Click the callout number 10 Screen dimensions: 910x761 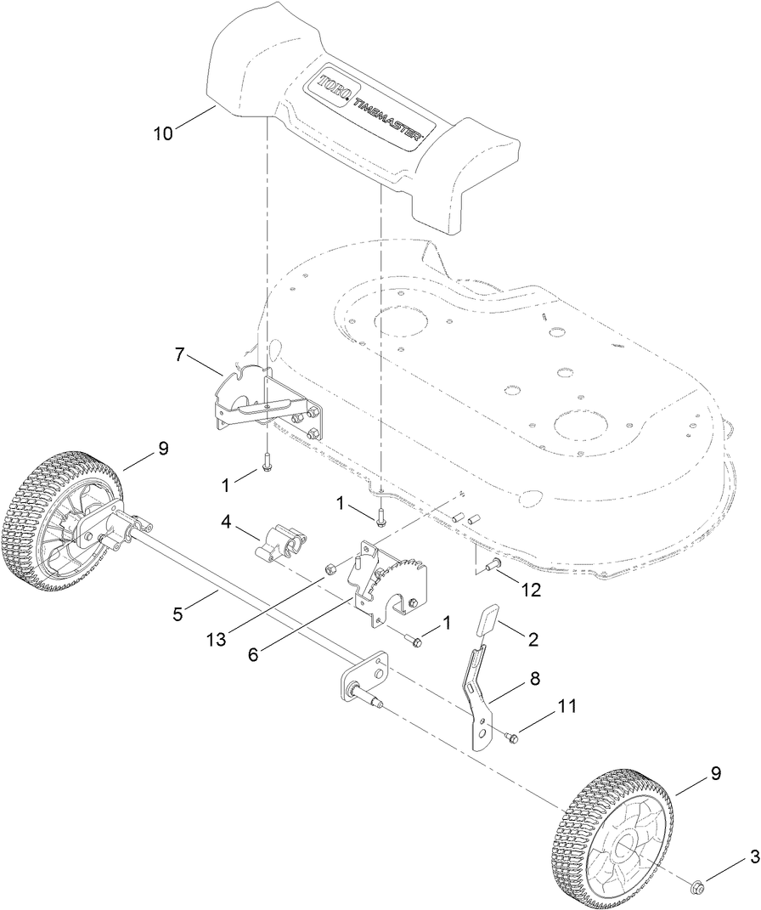pos(164,133)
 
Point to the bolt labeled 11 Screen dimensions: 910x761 pos(511,738)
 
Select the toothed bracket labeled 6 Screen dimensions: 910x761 pos(391,586)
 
